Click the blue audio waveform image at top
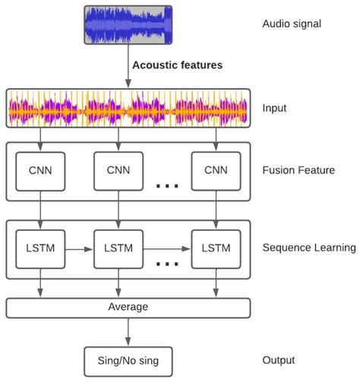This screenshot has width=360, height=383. tap(127, 25)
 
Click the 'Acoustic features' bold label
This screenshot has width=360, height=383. tap(177, 65)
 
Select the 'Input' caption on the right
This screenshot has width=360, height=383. tap(275, 108)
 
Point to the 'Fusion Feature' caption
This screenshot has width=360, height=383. tap(298, 170)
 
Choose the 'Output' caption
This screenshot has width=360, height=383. tap(279, 359)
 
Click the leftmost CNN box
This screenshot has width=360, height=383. tap(40, 171)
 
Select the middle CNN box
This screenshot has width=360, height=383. tap(118, 171)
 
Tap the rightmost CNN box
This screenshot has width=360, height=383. tap(216, 171)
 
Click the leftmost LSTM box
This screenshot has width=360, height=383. tap(40, 248)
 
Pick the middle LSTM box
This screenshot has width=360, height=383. tap(118, 248)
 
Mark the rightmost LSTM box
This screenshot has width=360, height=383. tap(216, 248)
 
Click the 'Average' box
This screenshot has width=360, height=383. tap(128, 308)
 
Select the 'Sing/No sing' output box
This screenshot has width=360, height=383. tap(128, 359)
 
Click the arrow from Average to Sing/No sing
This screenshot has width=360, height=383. tap(128, 332)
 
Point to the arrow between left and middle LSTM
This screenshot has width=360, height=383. tap(79, 248)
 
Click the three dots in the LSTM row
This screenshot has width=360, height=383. tap(166, 263)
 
